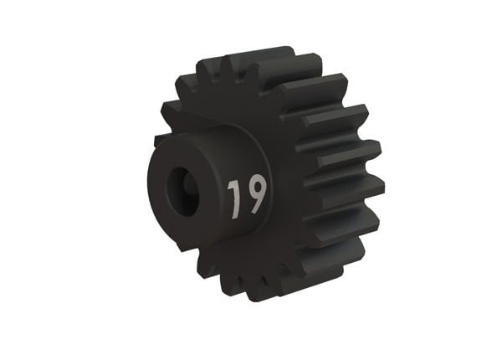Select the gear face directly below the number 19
pyautogui.click(x=247, y=243)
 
